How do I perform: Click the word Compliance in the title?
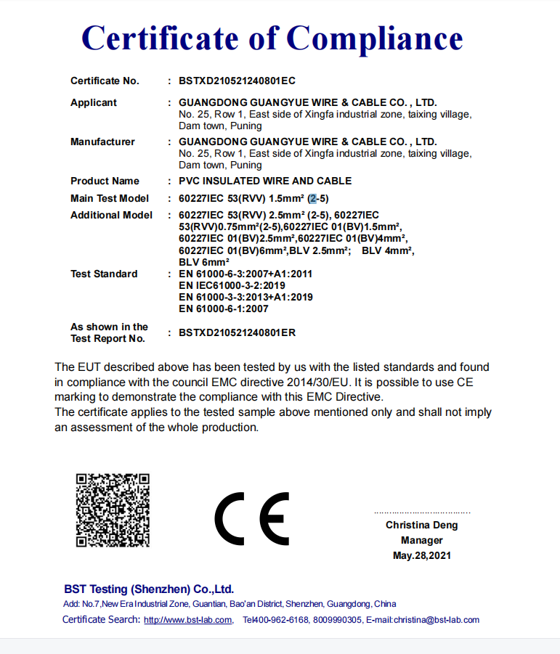(375, 37)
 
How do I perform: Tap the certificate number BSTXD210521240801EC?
(238, 81)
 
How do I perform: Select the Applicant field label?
(94, 102)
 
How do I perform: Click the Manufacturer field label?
(102, 142)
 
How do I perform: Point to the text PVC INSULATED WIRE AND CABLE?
(265, 181)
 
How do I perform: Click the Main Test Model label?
(110, 198)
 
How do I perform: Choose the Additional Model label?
(111, 215)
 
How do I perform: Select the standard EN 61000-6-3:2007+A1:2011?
(245, 274)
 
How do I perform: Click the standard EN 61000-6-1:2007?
(224, 308)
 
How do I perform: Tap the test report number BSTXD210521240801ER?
(238, 332)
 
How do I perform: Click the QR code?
(113, 510)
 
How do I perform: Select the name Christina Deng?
(422, 525)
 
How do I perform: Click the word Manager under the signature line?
(422, 540)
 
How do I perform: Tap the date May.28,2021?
(422, 556)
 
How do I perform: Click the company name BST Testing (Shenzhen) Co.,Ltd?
(149, 589)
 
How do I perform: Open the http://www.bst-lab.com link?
(187, 620)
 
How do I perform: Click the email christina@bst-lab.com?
(436, 620)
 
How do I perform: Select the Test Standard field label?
(104, 274)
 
